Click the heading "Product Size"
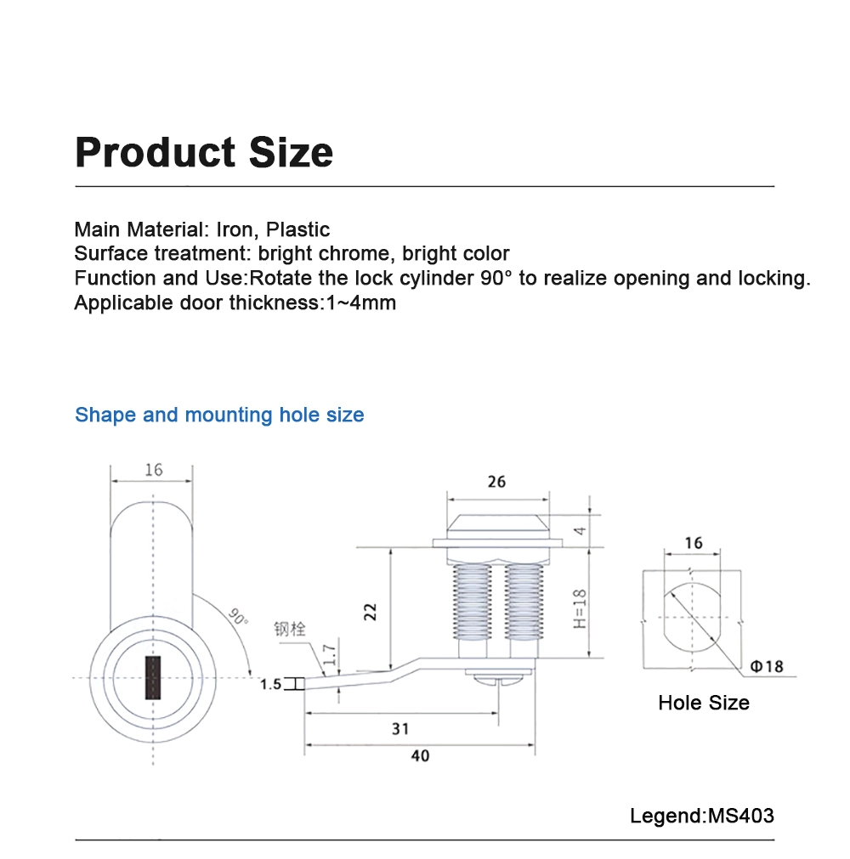(x=204, y=152)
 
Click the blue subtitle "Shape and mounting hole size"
(x=219, y=415)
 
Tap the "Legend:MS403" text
(x=702, y=816)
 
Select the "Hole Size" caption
(x=704, y=703)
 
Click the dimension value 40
(x=420, y=755)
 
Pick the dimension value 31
(x=400, y=729)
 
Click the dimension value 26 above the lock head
(x=496, y=482)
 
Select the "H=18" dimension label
(x=581, y=610)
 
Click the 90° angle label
(x=238, y=616)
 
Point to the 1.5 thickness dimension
(x=270, y=684)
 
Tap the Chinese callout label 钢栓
(x=289, y=630)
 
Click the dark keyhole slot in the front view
(x=153, y=678)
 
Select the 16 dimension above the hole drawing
(x=693, y=543)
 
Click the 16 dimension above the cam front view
(x=153, y=470)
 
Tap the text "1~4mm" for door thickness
(x=361, y=303)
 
